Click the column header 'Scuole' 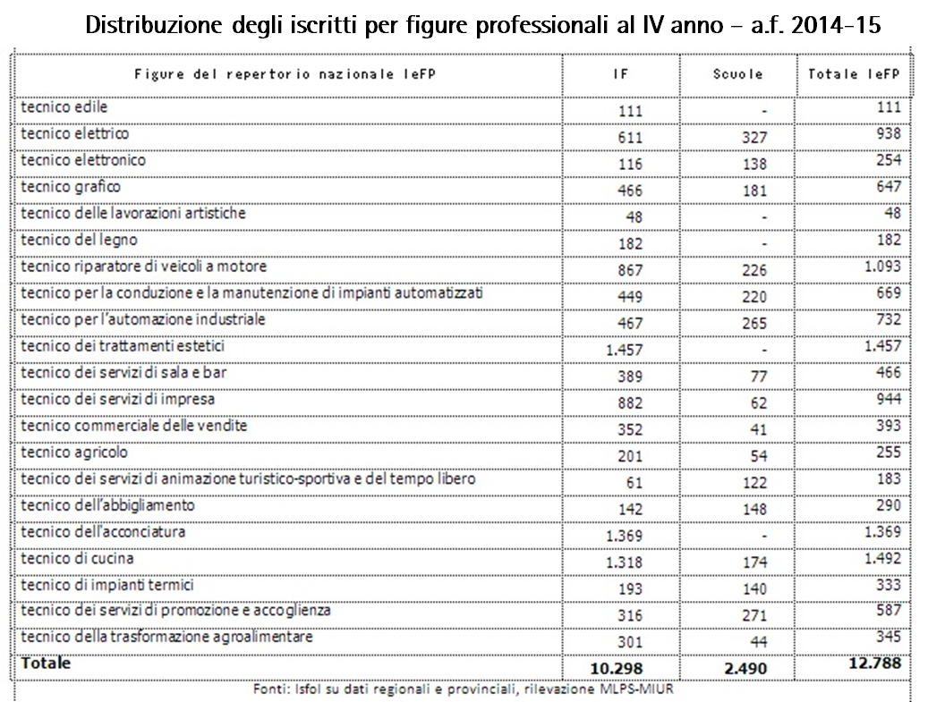(x=737, y=75)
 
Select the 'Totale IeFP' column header (x=853, y=75)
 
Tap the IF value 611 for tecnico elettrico (x=630, y=138)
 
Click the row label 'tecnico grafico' (x=71, y=187)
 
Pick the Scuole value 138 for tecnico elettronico (x=753, y=165)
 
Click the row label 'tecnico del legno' (x=79, y=241)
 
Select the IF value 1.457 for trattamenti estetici (x=624, y=351)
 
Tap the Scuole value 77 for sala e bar (x=758, y=376)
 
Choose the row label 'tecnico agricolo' (x=74, y=452)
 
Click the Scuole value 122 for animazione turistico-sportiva (x=753, y=483)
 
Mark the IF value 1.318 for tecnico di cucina (x=624, y=562)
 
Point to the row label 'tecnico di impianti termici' (x=107, y=585)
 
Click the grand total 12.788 (x=872, y=664)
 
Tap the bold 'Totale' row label (x=46, y=664)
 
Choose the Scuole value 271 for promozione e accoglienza (x=753, y=615)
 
